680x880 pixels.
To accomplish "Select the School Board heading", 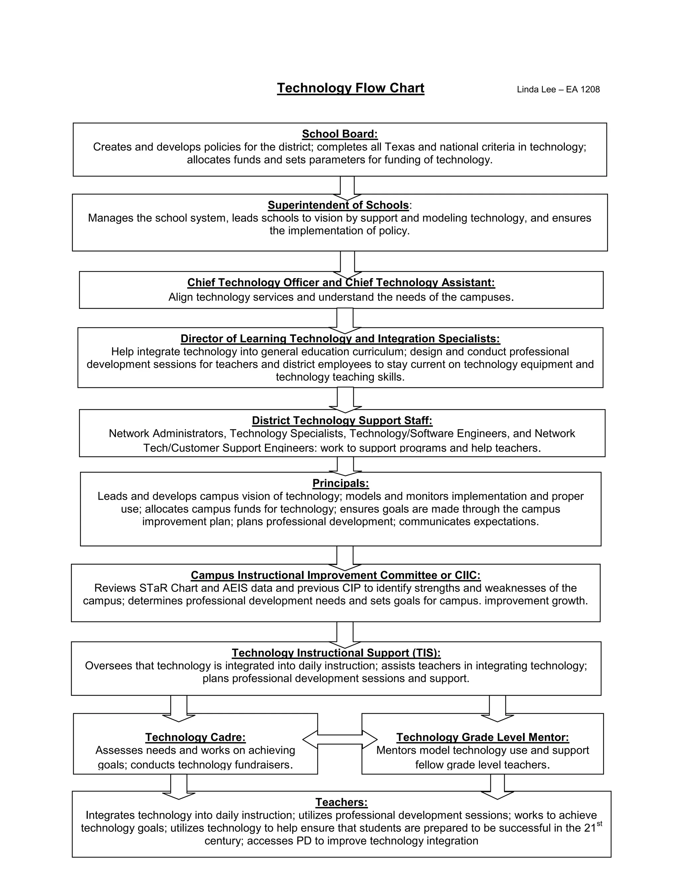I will pos(340,134).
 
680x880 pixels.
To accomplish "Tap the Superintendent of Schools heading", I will pos(338,205).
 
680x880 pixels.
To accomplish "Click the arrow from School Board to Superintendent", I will pos(347,187).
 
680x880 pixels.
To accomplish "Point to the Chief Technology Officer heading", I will pos(341,283).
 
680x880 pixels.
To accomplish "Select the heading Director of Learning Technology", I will pos(340,338).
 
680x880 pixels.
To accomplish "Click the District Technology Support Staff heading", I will pos(342,421).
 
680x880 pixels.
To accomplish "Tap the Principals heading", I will pos(340,483).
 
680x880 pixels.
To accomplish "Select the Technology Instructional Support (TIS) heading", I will pos(336,653).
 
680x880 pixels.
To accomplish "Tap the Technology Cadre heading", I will pos(195,737).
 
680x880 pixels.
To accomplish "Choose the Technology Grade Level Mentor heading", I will pos(482,737).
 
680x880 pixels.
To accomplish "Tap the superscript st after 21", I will pos(599,824).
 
